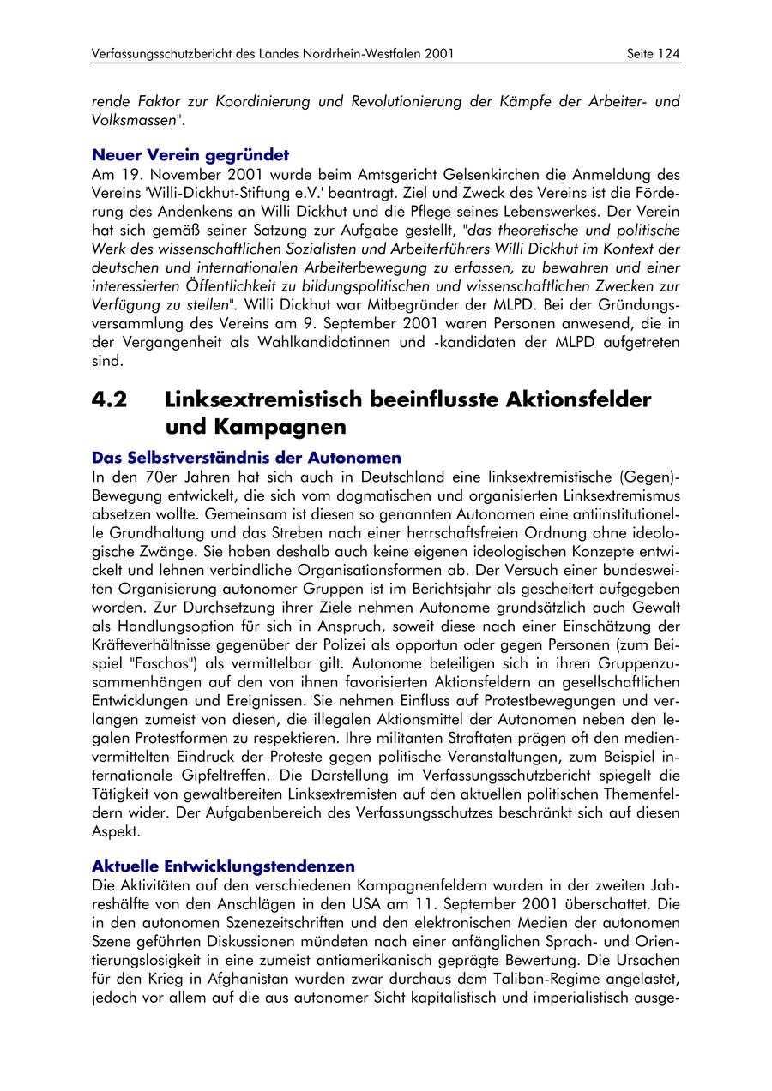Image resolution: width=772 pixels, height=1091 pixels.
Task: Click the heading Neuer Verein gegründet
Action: [190, 156]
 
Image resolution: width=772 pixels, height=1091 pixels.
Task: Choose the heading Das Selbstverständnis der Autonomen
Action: [245, 458]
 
